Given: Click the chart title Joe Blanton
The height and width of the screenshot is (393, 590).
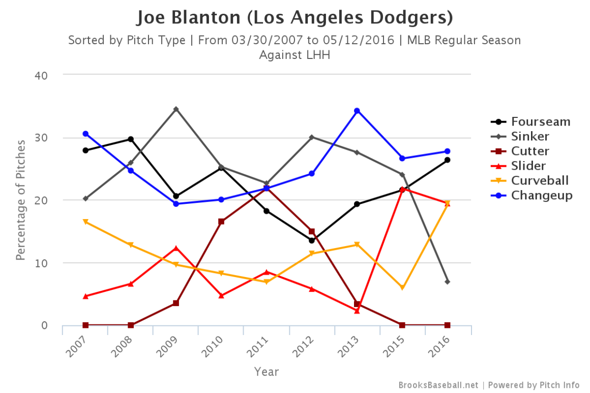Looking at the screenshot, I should pos(294,18).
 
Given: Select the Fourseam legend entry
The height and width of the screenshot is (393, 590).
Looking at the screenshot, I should pos(541,122).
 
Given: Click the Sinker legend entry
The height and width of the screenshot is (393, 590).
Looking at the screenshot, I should pos(530,137).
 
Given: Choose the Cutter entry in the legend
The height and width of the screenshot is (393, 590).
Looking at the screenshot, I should pos(530,152).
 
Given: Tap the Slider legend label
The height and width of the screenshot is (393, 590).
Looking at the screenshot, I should pos(528,166).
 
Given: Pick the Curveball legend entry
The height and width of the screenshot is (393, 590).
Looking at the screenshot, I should pos(540,181).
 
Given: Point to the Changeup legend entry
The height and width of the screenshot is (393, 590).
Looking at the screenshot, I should pos(542,196).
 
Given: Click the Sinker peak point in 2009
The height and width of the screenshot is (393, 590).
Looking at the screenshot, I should pos(176,109).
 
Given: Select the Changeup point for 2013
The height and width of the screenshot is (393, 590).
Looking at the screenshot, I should pos(357,111).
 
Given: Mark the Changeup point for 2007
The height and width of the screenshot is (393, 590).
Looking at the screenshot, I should pos(85,134).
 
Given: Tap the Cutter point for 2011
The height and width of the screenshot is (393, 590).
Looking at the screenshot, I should pos(267,188).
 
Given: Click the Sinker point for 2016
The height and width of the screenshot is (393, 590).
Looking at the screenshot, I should pos(448,282).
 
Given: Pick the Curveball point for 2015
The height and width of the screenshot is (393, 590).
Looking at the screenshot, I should pos(402,288).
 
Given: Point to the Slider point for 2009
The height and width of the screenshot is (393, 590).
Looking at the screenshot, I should pos(176,248).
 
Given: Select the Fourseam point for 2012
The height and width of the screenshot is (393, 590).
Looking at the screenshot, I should pos(312,240).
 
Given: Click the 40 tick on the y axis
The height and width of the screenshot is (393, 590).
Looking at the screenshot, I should pos(41,75).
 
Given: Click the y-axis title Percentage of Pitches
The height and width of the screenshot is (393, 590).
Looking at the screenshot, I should pos(20,200).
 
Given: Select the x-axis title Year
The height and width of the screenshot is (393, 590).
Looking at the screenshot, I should pos(267,372).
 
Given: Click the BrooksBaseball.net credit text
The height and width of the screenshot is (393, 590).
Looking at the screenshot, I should pos(438,385).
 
